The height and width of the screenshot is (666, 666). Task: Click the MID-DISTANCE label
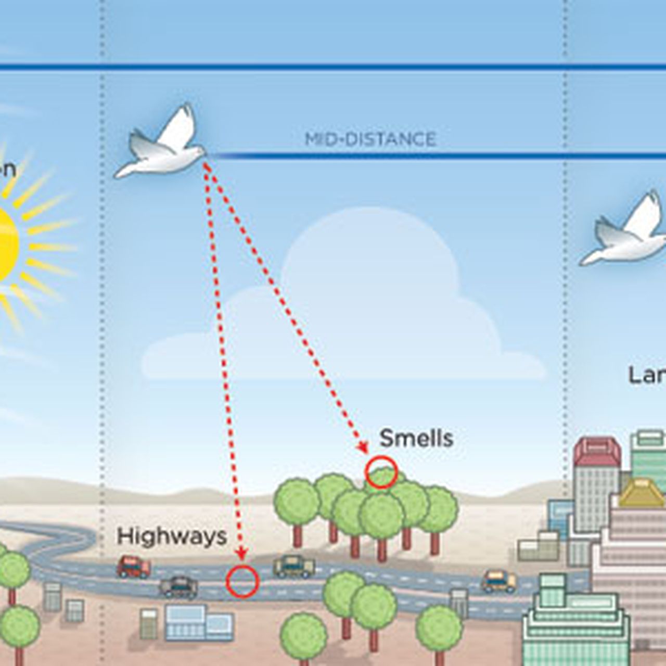pos(370,139)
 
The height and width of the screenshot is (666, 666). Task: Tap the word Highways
pos(172,536)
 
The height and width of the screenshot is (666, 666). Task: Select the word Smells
pos(416,438)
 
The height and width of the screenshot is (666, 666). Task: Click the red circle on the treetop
pos(381,472)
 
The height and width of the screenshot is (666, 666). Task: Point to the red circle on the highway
pos(242,581)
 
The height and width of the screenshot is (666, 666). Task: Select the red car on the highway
pos(133,566)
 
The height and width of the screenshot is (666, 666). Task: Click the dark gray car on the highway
pos(178,586)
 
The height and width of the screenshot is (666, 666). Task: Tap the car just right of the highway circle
pos(294,566)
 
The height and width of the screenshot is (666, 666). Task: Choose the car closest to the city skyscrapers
pos(498,581)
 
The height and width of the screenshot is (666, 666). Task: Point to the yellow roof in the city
pos(641,493)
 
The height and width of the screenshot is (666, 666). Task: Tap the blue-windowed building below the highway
pos(199,622)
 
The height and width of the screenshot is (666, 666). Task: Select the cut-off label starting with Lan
pos(647,375)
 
